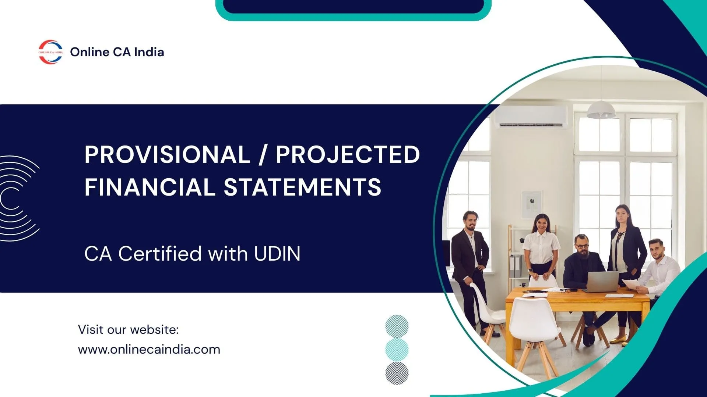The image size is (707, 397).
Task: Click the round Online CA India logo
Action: (x=51, y=52)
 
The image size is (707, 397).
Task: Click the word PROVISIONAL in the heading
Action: (x=167, y=154)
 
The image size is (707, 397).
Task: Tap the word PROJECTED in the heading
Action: (x=348, y=154)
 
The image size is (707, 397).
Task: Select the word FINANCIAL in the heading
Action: (x=150, y=187)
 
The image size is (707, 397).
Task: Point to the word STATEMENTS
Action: (x=302, y=187)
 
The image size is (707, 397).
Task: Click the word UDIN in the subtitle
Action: (x=277, y=254)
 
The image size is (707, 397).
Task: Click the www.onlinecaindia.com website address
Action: (x=149, y=349)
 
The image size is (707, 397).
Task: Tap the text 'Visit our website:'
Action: (x=128, y=329)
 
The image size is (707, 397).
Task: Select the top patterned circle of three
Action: (x=397, y=326)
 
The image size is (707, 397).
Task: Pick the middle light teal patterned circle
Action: (x=397, y=350)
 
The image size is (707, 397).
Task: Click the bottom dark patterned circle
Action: (x=397, y=373)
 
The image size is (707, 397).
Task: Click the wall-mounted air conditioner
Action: (x=531, y=117)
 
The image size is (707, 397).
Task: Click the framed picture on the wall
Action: (x=532, y=205)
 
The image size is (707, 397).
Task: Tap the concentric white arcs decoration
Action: (x=18, y=198)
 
